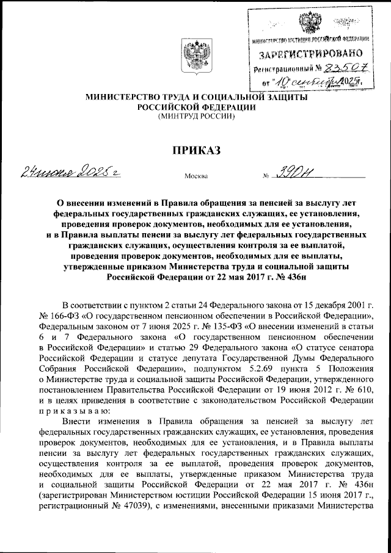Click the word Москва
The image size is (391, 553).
pos(195,177)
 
